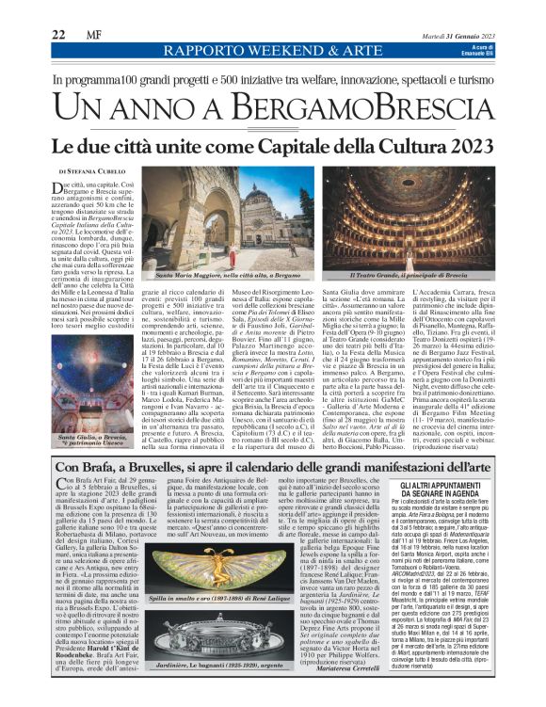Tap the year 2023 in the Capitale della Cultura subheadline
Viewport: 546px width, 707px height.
point(464,147)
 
